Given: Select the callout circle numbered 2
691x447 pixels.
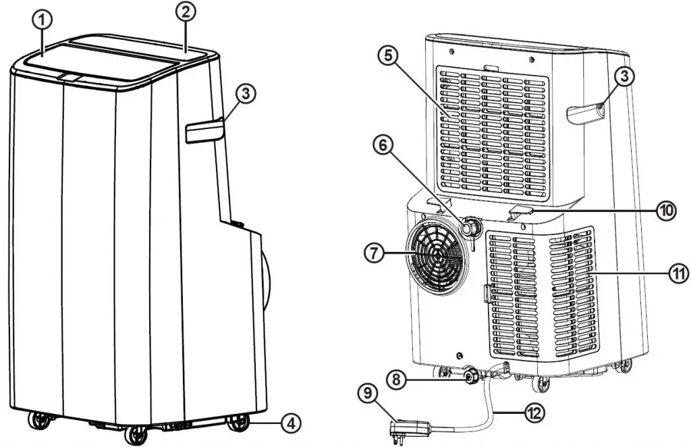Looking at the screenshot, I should point(186,11).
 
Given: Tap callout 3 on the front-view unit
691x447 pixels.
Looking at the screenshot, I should point(246,95).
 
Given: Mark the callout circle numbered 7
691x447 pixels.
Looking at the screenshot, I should point(375,254).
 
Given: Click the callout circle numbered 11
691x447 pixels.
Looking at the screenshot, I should point(678,274).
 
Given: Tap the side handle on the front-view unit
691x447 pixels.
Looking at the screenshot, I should point(204,130).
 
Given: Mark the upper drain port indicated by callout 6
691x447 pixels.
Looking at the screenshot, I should point(468,229).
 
